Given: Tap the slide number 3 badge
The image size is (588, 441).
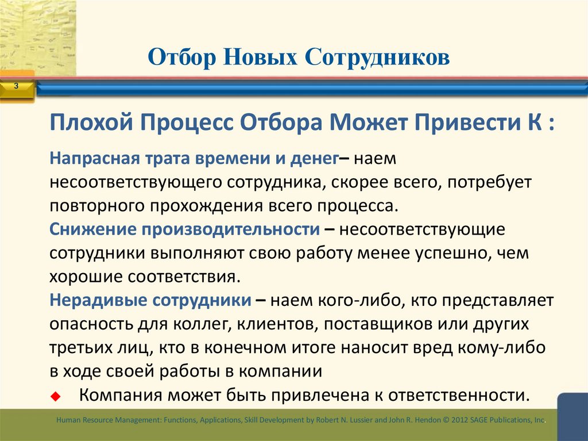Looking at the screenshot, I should [x=16, y=86].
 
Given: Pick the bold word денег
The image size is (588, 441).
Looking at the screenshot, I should [x=306, y=158].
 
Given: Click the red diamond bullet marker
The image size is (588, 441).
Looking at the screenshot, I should [x=55, y=396].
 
